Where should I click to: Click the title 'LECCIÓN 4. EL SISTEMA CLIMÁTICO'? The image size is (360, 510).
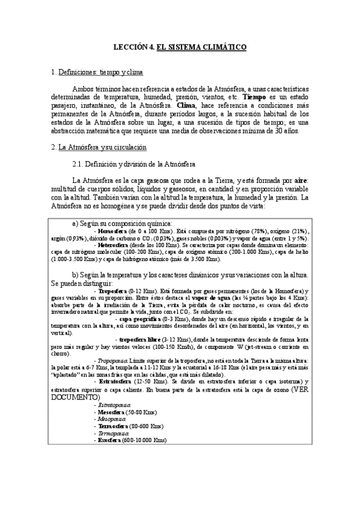[x=180, y=46]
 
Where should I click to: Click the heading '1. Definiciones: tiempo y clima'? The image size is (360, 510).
[x=97, y=72]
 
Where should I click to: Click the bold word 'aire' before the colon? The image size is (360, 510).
[x=303, y=180]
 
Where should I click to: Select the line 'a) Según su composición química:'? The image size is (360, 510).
[x=118, y=223]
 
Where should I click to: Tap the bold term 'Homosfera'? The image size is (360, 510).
[x=111, y=231]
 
